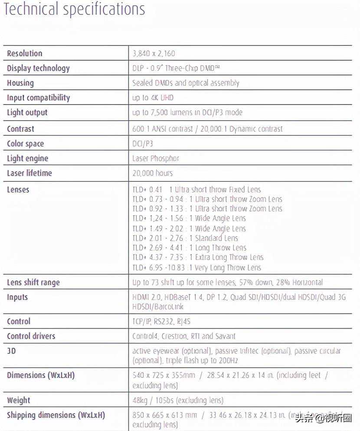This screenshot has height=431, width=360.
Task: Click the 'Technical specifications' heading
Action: click(x=74, y=9)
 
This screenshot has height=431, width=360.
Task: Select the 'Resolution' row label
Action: click(x=25, y=54)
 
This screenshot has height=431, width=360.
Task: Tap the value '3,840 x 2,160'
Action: click(x=154, y=54)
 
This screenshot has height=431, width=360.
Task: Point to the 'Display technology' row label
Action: click(x=38, y=69)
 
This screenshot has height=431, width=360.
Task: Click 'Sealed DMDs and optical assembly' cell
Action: click(x=186, y=83)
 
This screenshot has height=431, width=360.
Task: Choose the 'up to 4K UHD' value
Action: click(x=153, y=98)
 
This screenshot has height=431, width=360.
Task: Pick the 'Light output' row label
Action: click(x=27, y=113)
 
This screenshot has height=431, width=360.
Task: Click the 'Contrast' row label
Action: click(x=20, y=129)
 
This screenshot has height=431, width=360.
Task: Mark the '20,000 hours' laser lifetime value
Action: click(x=152, y=173)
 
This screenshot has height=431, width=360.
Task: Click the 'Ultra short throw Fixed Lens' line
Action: click(x=196, y=189)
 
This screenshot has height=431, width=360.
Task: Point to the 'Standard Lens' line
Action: click(x=185, y=238)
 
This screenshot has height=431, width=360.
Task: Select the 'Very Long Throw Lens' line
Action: click(x=196, y=268)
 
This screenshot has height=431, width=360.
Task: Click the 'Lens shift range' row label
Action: click(x=33, y=283)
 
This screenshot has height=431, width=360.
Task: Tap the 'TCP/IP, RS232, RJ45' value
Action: click(x=161, y=322)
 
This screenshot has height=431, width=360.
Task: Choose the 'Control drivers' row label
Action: click(x=31, y=336)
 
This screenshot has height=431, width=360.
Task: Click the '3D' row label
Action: click(x=11, y=351)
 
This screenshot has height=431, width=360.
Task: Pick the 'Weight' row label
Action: click(x=19, y=400)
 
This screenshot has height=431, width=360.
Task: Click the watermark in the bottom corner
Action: click(x=324, y=418)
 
